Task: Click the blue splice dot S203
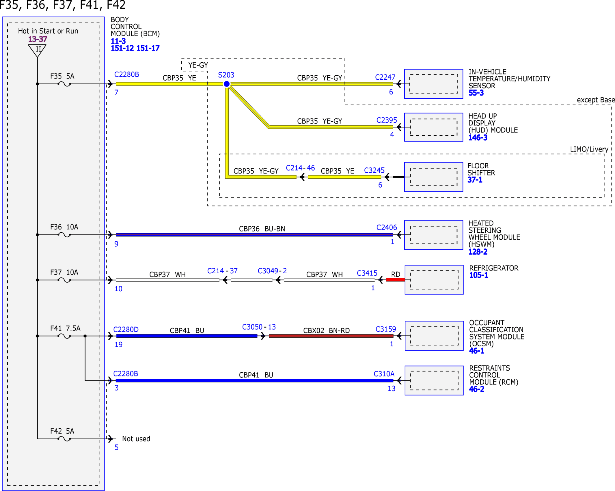[227, 84]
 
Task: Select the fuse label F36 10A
[64, 227]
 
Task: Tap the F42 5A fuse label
[62, 431]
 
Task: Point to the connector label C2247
[385, 77]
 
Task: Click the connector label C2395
[387, 120]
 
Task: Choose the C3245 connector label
[374, 170]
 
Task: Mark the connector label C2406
[387, 227]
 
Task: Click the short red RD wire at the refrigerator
[396, 280]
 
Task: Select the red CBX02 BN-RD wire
[331, 336]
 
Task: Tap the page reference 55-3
[476, 93]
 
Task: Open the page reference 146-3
[478, 138]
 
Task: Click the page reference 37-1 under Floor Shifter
[475, 180]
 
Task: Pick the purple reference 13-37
[38, 39]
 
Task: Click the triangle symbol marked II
[38, 50]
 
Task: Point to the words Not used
[136, 439]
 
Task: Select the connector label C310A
[384, 374]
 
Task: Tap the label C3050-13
[259, 327]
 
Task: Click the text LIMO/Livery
[589, 149]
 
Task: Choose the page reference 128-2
[478, 252]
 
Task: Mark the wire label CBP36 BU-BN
[262, 229]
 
